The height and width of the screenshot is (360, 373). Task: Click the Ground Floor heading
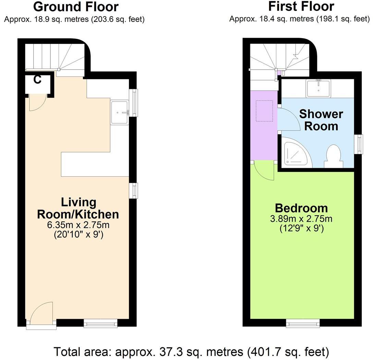76,7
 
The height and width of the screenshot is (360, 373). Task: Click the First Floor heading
301,7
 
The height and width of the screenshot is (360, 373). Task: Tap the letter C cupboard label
37,80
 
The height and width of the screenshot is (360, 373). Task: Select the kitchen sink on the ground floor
119,112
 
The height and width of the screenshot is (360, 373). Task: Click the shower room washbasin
318,88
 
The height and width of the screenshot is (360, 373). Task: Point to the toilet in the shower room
334,156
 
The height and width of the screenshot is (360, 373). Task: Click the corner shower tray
295,152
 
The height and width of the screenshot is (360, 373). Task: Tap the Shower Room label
321,120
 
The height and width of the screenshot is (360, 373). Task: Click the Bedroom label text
301,208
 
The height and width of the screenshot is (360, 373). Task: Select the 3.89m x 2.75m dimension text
301,219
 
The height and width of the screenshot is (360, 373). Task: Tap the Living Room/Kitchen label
78,208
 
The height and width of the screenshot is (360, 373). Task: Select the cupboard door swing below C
37,102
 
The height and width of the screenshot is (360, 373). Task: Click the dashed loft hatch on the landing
264,111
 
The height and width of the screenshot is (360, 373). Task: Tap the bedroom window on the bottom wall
303,323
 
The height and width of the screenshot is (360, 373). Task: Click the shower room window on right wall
359,144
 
